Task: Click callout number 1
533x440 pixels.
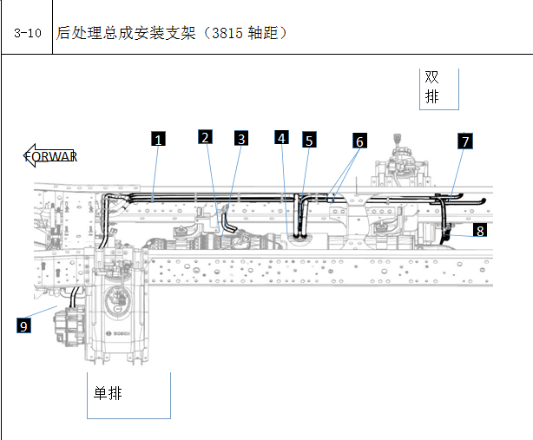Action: click(158, 139)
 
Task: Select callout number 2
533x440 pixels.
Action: click(206, 136)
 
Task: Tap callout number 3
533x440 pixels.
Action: click(241, 138)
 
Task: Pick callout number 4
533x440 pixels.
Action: click(282, 137)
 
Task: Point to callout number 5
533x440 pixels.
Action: click(309, 140)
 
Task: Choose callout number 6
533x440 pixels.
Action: click(359, 141)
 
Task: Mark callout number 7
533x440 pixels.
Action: click(465, 141)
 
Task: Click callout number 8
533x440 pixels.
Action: click(480, 230)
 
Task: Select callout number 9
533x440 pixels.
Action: click(23, 325)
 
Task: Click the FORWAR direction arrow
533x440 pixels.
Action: click(50, 156)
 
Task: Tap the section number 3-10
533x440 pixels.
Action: click(28, 33)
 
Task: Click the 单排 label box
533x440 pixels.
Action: click(128, 396)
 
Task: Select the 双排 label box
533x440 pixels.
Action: click(439, 89)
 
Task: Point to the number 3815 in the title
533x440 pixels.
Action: click(227, 33)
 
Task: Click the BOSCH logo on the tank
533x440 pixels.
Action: click(118, 333)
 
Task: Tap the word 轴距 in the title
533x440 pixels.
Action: click(263, 33)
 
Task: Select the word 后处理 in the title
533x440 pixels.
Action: click(79, 33)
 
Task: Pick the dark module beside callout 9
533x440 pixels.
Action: click(70, 326)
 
